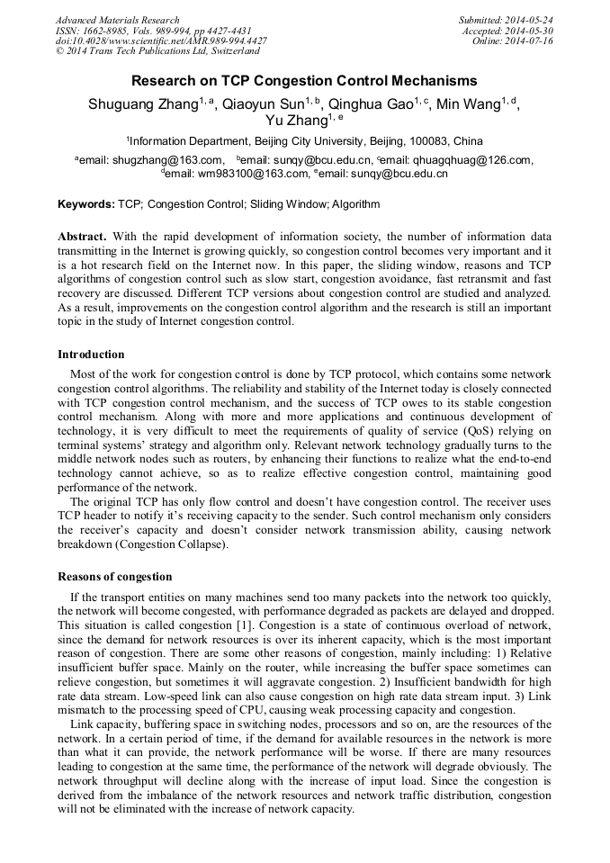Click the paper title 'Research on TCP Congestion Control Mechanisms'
[304, 81]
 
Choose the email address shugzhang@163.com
[166, 161]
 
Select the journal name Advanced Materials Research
[117, 20]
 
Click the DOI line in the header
[161, 41]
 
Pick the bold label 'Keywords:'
[86, 204]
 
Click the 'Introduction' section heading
[91, 355]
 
